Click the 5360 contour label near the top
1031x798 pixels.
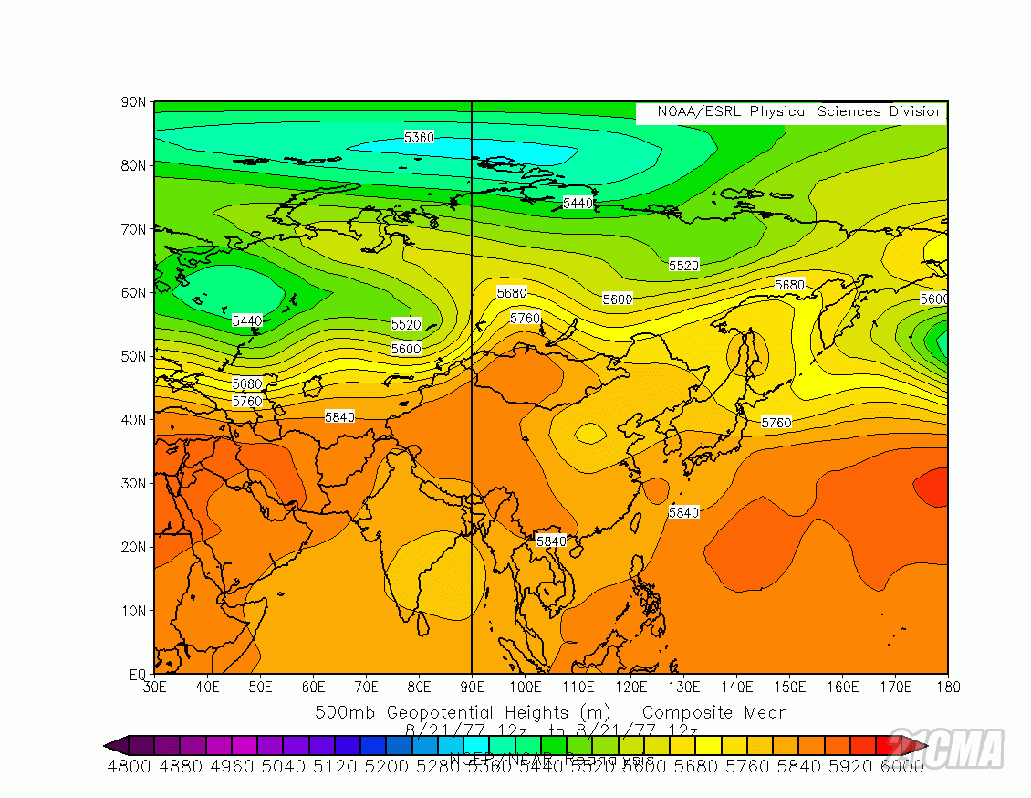(419, 137)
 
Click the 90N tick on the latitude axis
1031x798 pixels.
(133, 102)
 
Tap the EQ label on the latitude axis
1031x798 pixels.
(136, 675)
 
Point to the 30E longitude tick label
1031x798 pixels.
(154, 687)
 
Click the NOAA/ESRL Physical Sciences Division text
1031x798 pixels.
(791, 111)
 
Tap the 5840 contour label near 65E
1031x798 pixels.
(339, 416)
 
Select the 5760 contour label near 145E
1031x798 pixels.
(776, 423)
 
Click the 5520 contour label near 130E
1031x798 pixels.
(683, 265)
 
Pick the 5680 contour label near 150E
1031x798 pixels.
(790, 285)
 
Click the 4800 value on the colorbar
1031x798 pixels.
(129, 767)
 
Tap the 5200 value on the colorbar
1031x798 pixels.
(386, 767)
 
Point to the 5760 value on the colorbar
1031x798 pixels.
(747, 767)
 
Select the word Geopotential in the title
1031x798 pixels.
(441, 712)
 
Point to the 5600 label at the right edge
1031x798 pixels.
(933, 299)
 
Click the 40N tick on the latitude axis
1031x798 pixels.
(133, 420)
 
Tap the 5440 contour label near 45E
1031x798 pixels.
(247, 320)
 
